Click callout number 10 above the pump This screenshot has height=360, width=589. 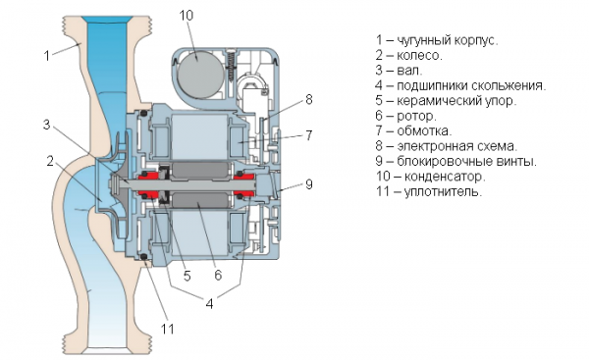click(187, 16)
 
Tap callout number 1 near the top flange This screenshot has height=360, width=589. click(46, 55)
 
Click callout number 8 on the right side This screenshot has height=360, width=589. click(307, 99)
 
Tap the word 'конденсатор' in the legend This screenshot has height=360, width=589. click(460, 176)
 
